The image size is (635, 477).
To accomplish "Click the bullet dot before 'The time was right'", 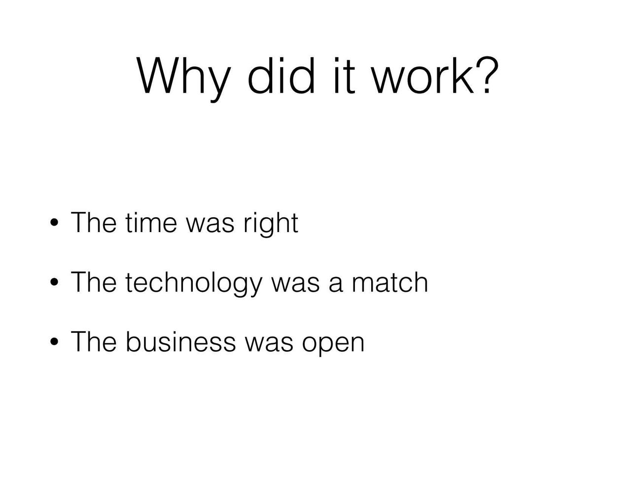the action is click(x=54, y=223).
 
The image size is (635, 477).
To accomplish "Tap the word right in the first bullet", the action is click(x=271, y=225).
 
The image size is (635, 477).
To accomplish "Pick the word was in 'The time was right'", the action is click(x=210, y=225).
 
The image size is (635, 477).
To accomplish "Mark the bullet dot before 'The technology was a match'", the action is click(x=54, y=282).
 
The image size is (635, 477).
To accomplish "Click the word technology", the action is click(x=194, y=284).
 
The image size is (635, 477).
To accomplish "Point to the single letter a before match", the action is click(x=336, y=285).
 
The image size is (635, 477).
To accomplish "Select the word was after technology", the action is click(x=295, y=285).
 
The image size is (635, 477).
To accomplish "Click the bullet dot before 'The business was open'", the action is click(x=54, y=342).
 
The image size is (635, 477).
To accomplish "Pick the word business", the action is click(x=181, y=341).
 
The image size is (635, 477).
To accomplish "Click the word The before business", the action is click(x=94, y=341).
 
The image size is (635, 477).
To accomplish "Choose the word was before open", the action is click(x=269, y=344).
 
